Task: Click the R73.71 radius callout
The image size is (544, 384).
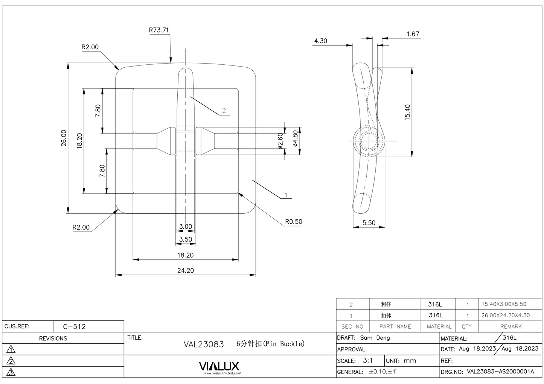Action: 158,30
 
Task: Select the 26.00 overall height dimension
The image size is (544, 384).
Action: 64,138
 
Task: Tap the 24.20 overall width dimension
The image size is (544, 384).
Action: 185,270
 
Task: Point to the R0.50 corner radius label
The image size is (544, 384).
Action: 293,222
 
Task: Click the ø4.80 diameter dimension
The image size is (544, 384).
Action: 296,138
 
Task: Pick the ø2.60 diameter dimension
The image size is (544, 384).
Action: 280,141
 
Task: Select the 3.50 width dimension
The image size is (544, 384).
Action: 185,239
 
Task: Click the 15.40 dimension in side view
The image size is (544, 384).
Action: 407,112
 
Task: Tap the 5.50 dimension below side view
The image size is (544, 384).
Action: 369,223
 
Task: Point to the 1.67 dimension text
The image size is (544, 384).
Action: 413,34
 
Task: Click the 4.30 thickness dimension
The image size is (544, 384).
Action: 320,41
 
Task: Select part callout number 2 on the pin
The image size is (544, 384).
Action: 224,111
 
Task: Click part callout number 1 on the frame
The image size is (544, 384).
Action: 286,195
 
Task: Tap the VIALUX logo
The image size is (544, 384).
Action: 219,366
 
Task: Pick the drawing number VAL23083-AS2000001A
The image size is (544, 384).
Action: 500,372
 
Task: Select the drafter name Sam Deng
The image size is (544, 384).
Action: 375,338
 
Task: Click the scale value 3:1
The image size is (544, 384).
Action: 367,360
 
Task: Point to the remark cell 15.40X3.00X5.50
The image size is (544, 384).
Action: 504,304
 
